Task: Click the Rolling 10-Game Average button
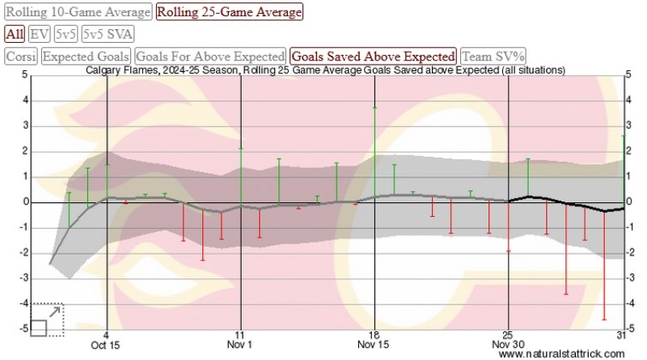pyautogui.click(x=78, y=12)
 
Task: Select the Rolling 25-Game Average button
pyautogui.click(x=230, y=12)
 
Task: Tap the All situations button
pyautogui.click(x=14, y=34)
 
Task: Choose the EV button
pyautogui.click(x=38, y=34)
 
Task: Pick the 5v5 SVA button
pyautogui.click(x=108, y=34)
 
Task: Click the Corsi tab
pyautogui.click(x=20, y=57)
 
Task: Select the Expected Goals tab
pyautogui.click(x=86, y=57)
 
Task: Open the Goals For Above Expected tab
pyautogui.click(x=210, y=57)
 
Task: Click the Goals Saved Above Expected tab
pyautogui.click(x=373, y=57)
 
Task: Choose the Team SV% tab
pyautogui.click(x=493, y=57)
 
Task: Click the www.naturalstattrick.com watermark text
pyautogui.click(x=561, y=354)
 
